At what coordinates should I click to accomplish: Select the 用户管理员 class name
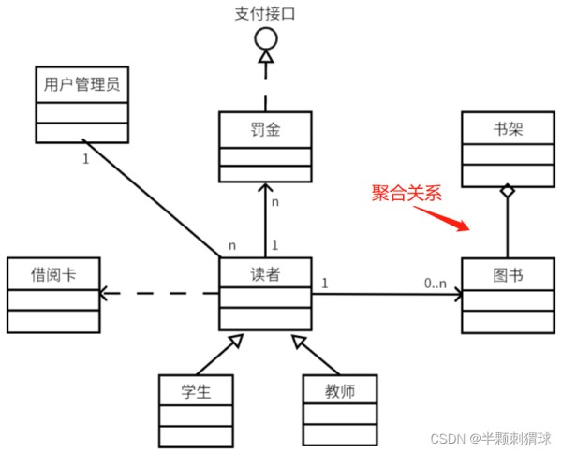[81, 85]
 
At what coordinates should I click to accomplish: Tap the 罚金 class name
[265, 129]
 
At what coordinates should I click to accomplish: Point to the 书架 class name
[507, 129]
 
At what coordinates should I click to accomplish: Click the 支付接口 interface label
[265, 13]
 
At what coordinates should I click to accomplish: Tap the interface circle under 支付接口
[265, 39]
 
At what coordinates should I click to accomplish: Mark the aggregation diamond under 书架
[507, 191]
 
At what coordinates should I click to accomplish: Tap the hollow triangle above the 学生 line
[234, 341]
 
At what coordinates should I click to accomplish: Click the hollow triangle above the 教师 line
[298, 341]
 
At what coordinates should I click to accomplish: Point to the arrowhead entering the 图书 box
[458, 295]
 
